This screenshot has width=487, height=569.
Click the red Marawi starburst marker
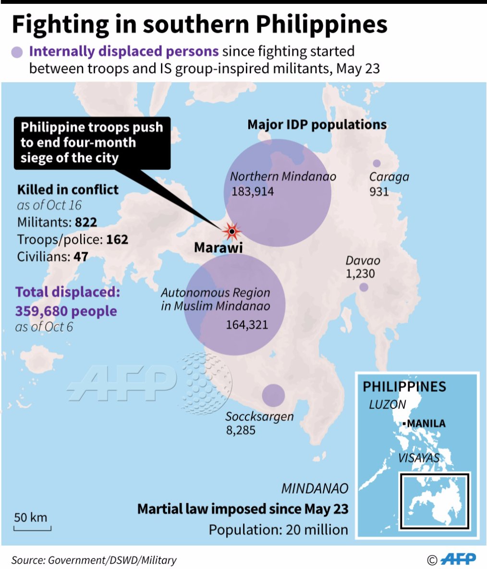232,232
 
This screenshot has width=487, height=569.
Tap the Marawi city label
218,247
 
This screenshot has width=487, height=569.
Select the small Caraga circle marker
377,163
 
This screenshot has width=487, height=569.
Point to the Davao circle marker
364,287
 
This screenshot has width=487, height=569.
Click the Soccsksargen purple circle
273,396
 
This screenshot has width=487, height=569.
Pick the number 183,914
253,191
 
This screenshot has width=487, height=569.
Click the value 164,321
247,325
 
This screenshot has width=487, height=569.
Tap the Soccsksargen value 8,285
241,430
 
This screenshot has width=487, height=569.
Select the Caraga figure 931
379,192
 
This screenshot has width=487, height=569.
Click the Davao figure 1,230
360,274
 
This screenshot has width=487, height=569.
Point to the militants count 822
86,222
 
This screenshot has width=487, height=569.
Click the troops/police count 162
117,239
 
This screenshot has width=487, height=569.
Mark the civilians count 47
81,256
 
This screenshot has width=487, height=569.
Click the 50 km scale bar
32,528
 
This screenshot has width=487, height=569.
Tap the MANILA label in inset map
426,423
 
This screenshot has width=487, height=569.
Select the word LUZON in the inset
387,405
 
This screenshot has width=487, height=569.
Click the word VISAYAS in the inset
418,458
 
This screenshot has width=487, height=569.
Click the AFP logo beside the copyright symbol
458,559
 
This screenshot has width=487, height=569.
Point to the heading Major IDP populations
317,125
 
